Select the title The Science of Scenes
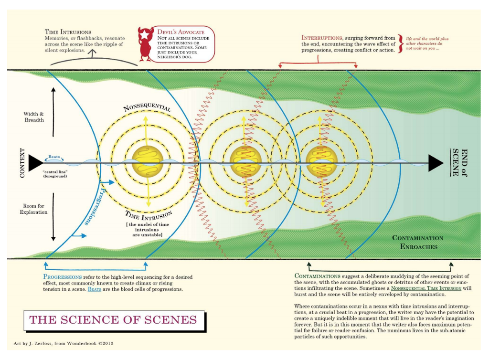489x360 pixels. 114,320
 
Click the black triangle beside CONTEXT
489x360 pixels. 35,163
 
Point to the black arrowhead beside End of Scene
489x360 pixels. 435,163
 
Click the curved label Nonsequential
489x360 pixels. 147,108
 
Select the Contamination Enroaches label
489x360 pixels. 417,242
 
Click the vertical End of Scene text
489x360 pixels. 459,163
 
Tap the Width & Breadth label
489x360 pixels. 34,117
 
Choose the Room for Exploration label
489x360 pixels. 34,209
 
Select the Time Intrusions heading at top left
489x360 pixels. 68,32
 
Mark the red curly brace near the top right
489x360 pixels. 402,44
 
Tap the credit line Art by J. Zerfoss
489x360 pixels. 63,343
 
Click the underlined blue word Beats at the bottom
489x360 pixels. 95,289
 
